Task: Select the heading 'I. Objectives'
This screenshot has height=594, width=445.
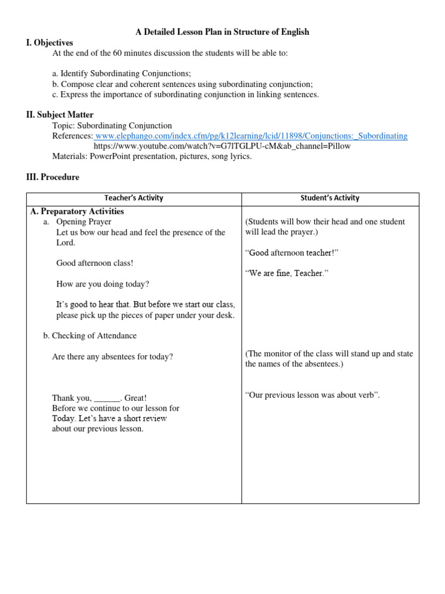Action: [50, 43]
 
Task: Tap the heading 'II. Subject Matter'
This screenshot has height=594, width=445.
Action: [60, 115]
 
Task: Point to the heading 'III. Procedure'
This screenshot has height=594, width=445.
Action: [53, 177]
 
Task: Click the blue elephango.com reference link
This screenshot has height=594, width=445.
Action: [251, 136]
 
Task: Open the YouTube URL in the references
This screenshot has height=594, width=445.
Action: [222, 146]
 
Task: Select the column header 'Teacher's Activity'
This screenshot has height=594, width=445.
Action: [134, 198]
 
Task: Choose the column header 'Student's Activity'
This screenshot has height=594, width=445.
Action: [330, 198]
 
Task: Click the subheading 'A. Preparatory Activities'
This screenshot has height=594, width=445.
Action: [77, 211]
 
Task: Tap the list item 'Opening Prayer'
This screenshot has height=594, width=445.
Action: [83, 222]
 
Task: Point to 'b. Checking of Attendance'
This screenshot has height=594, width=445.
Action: [90, 335]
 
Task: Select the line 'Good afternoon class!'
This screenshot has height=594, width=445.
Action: [94, 263]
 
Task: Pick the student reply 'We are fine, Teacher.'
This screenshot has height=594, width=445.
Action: [287, 273]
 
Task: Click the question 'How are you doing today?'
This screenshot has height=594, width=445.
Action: [103, 284]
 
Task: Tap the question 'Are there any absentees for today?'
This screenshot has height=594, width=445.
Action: [112, 357]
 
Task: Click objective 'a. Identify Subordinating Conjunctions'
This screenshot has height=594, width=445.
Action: [121, 74]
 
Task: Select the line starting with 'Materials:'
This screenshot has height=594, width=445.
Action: [152, 156]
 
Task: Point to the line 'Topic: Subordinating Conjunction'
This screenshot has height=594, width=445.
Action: [112, 125]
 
